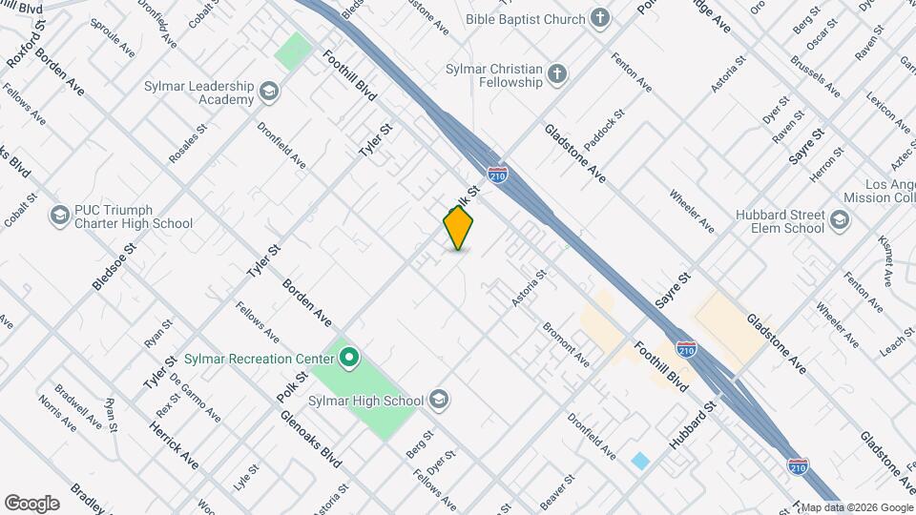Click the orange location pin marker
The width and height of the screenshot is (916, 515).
tap(459, 227)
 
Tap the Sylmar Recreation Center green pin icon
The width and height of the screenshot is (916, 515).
tap(349, 359)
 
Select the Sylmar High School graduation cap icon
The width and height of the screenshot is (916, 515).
tap(439, 399)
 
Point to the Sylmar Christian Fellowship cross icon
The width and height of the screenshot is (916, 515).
tap(558, 74)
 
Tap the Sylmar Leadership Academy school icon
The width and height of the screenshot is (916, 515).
tap(269, 93)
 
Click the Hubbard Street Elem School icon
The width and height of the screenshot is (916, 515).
tap(839, 221)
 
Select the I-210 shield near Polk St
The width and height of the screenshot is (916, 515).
tap(497, 175)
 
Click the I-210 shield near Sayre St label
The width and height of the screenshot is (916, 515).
tap(685, 349)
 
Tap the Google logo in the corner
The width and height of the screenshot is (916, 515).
tap(31, 503)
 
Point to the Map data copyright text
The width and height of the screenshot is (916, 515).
tap(856, 507)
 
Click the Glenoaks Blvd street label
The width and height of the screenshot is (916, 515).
tap(311, 439)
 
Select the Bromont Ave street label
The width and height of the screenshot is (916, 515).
tap(567, 344)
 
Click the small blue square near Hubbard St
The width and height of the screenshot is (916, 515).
tap(640, 461)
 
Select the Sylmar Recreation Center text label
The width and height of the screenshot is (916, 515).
tap(267, 359)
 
